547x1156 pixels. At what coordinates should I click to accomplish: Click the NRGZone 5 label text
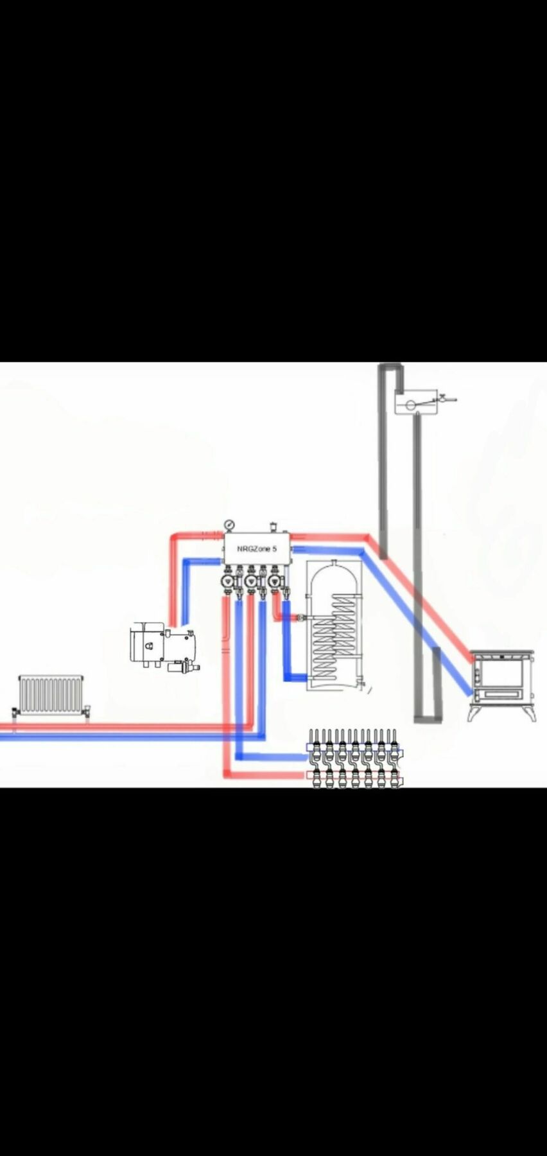pos(257,549)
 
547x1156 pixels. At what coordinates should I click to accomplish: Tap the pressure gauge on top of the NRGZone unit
pos(229,526)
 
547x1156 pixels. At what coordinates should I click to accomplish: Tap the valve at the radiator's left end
pos(15,712)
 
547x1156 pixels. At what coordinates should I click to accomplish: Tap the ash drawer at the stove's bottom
pos(503,695)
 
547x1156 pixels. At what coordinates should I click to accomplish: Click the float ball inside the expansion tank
pos(408,405)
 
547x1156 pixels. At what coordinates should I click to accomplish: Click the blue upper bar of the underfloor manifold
pos(354,748)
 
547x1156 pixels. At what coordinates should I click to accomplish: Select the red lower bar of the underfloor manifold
pos(354,775)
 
